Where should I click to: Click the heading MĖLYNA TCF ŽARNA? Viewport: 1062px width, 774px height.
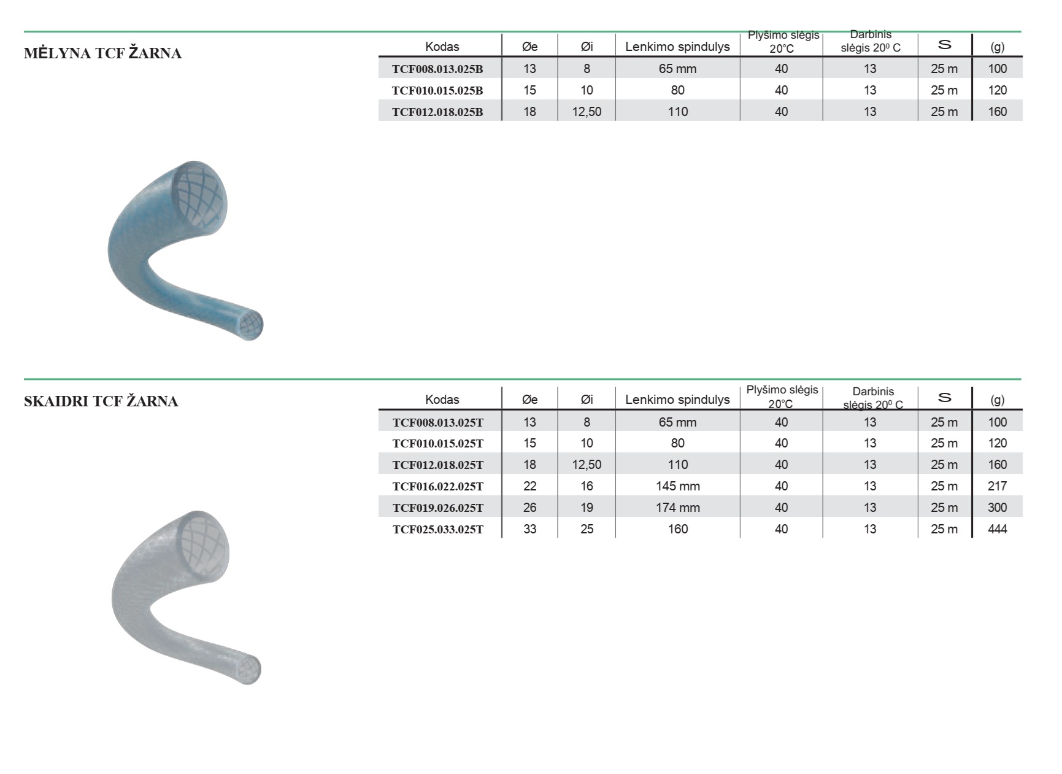[102, 53]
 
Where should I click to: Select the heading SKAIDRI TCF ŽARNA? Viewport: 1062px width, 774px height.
[101, 401]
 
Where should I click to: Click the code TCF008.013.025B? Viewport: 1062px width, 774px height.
[437, 69]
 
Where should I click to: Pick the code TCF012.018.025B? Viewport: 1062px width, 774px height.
[437, 112]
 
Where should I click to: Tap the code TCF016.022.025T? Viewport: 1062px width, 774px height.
[438, 487]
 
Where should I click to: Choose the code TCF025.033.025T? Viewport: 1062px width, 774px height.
[438, 530]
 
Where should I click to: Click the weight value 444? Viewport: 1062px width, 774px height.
[998, 529]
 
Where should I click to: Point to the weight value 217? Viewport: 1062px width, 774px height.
[998, 486]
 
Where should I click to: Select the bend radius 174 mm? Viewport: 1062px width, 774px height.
[678, 508]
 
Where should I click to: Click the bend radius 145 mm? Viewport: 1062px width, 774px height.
[678, 486]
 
